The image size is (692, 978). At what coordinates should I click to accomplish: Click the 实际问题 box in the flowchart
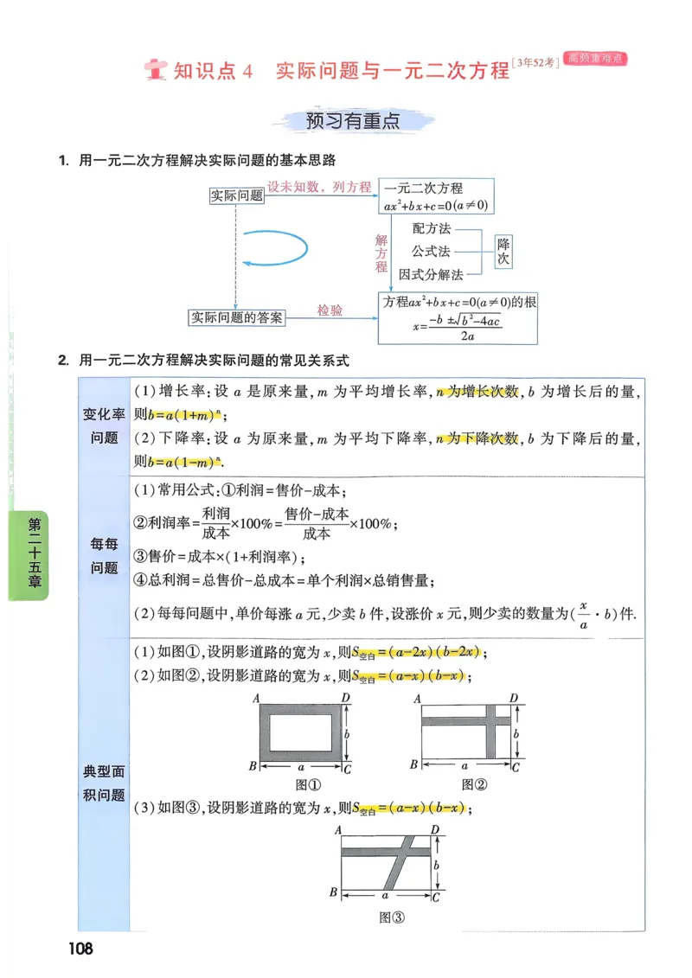pos(236,195)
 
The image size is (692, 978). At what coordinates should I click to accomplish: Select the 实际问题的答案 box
pos(237,317)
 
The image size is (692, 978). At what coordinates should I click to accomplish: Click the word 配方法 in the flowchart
pos(432,229)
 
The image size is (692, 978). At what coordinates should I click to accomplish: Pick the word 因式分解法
pos(431,274)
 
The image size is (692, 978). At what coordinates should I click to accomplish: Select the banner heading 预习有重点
pos(353,121)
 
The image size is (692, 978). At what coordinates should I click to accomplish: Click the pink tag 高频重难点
pos(595,59)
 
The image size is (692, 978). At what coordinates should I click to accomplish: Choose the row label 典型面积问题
pos(104,783)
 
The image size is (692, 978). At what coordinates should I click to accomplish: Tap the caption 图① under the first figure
pos(308,785)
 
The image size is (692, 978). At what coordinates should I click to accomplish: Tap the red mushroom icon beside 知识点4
pos(157,69)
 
